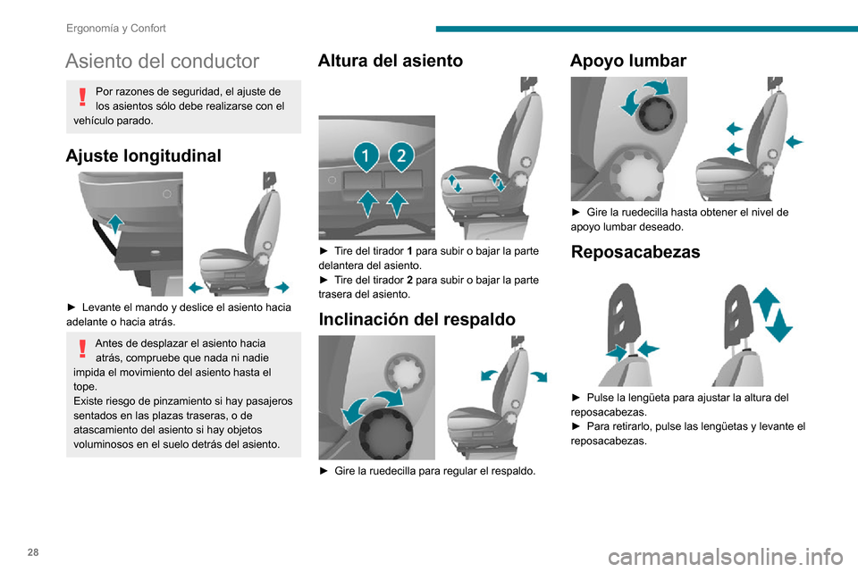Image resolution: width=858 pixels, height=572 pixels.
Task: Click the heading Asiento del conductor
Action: coord(162,61)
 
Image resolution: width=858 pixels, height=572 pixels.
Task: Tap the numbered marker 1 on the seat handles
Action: coord(366,156)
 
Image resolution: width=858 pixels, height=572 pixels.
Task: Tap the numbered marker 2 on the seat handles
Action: coord(401,156)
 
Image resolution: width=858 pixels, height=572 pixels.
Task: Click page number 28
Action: coord(33,552)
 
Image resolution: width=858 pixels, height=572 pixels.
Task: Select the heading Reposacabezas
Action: coord(635,252)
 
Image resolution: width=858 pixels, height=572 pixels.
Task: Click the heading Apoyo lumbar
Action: coord(628,61)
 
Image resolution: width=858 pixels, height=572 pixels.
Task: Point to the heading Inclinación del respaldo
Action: coord(417,319)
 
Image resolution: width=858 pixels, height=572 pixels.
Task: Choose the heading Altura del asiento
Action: coord(391,61)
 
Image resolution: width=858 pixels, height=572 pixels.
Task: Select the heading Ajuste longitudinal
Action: coord(143,156)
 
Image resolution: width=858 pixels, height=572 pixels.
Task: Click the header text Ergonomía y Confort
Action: coord(116,29)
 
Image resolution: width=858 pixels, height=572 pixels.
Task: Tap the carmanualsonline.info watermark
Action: coord(725,557)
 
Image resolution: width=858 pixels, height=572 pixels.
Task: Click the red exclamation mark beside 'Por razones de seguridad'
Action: coord(82,97)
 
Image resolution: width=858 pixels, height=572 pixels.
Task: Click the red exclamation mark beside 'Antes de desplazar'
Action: coord(82,349)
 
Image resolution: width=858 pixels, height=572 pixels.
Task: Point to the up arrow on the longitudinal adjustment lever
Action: coord(115,223)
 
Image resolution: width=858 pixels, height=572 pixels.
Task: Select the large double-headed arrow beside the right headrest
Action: coord(772,315)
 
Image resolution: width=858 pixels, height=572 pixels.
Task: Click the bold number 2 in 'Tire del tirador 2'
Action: coord(410,280)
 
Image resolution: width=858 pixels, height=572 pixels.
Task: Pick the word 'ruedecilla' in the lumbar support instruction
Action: coord(641,212)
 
